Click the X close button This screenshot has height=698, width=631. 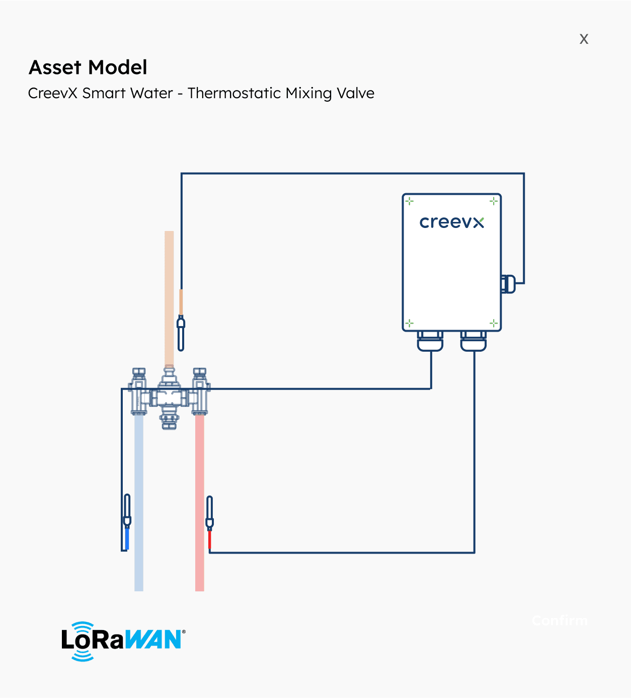click(584, 39)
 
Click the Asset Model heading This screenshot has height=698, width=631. click(88, 67)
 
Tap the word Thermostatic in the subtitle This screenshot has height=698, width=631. click(234, 94)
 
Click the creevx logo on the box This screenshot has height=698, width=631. click(451, 222)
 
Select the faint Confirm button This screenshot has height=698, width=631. click(560, 621)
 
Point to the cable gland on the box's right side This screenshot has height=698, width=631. click(508, 284)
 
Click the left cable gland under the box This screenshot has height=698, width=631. click(430, 341)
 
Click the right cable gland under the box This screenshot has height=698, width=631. click(474, 341)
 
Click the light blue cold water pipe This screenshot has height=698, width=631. click(139, 503)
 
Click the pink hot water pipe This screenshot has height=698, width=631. click(200, 503)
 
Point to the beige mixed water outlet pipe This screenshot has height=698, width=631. click(169, 297)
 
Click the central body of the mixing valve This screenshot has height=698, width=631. click(169, 398)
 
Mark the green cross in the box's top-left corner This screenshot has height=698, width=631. click(410, 201)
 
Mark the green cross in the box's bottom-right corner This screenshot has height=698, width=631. click(494, 323)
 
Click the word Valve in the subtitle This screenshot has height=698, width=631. click(356, 94)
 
